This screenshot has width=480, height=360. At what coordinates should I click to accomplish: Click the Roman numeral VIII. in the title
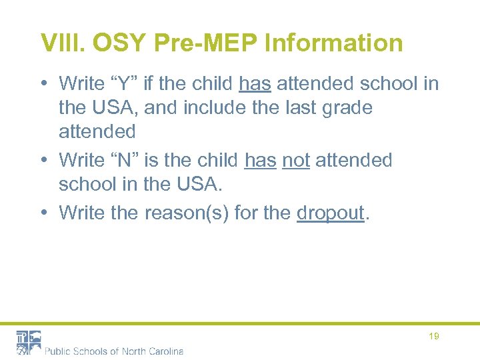pyautogui.click(x=63, y=43)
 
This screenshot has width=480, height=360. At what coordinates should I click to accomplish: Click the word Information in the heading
pyautogui.click(x=334, y=43)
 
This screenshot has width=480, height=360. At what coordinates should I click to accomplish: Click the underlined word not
pyautogui.click(x=296, y=160)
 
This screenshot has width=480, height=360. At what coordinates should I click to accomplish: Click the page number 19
pyautogui.click(x=434, y=337)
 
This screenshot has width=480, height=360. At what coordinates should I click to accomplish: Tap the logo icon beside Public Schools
pyautogui.click(x=29, y=342)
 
